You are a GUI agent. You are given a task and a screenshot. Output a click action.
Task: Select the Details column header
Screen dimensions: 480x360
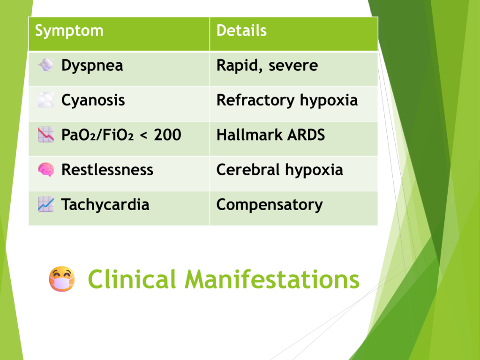click(241, 30)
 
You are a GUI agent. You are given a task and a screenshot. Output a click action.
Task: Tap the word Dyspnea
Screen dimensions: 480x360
click(92, 66)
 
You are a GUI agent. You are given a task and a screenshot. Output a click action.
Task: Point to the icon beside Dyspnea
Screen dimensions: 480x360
click(46, 65)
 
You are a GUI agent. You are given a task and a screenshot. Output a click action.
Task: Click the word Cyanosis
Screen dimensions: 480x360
click(93, 100)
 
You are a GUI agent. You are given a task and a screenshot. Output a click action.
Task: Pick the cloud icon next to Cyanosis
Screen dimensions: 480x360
click(45, 100)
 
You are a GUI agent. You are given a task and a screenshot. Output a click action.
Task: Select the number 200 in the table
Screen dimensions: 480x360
click(167, 135)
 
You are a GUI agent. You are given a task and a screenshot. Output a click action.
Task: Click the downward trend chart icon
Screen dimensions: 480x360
click(45, 135)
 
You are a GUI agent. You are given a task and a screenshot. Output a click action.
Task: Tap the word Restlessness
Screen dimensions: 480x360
click(107, 170)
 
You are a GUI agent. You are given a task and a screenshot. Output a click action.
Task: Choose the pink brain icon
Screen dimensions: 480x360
click(46, 170)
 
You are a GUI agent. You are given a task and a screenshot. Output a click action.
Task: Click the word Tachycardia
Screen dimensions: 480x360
click(105, 204)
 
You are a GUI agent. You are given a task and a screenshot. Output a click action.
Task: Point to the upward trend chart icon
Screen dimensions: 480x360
click(45, 204)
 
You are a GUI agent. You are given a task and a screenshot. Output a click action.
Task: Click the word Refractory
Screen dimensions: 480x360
click(255, 100)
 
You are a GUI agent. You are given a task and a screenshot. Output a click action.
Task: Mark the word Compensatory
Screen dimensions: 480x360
click(270, 205)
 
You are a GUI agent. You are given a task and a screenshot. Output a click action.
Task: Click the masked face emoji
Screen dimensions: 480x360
click(62, 279)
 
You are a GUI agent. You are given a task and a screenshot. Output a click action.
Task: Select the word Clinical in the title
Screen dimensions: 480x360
click(132, 279)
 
